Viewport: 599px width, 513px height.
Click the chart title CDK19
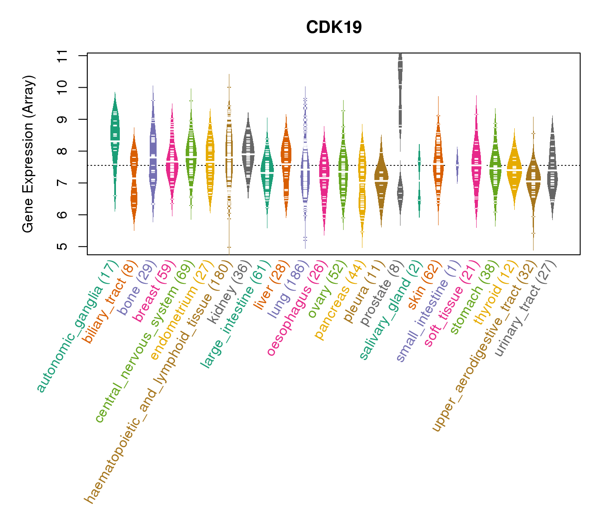pos(334,27)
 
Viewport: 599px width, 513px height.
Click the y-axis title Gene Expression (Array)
pos(28,154)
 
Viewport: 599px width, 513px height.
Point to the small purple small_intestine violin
pos(457,165)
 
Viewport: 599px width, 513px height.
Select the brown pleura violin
pos(381,180)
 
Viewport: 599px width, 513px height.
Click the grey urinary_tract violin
pos(552,171)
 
